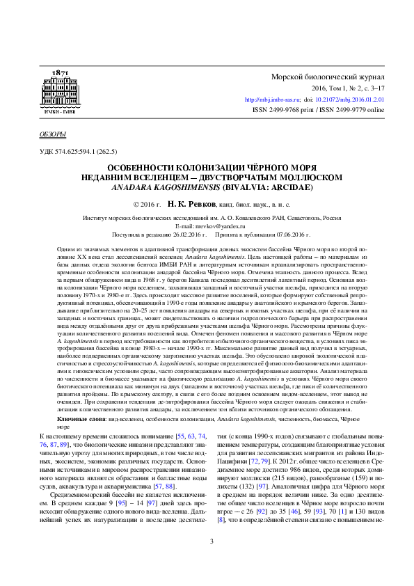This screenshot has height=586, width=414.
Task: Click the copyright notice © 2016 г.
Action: tap(147, 206)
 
